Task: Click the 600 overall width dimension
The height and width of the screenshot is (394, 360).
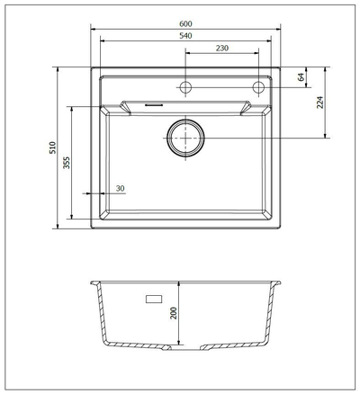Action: pyautogui.click(x=185, y=23)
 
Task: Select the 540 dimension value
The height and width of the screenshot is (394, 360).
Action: pyautogui.click(x=185, y=36)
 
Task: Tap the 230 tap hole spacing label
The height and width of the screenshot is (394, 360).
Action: pyautogui.click(x=222, y=48)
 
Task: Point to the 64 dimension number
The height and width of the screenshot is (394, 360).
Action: pyautogui.click(x=301, y=76)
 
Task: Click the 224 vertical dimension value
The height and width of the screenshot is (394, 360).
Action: pyautogui.click(x=320, y=103)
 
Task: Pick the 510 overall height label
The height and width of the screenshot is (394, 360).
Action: pyautogui.click(x=52, y=148)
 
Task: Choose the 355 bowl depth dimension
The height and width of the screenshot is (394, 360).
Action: pyautogui.click(x=67, y=163)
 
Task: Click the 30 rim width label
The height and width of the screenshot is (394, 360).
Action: pyautogui.click(x=120, y=189)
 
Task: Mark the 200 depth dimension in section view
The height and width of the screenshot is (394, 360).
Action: pyautogui.click(x=174, y=313)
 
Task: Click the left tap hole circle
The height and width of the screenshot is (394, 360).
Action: pyautogui.click(x=185, y=87)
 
